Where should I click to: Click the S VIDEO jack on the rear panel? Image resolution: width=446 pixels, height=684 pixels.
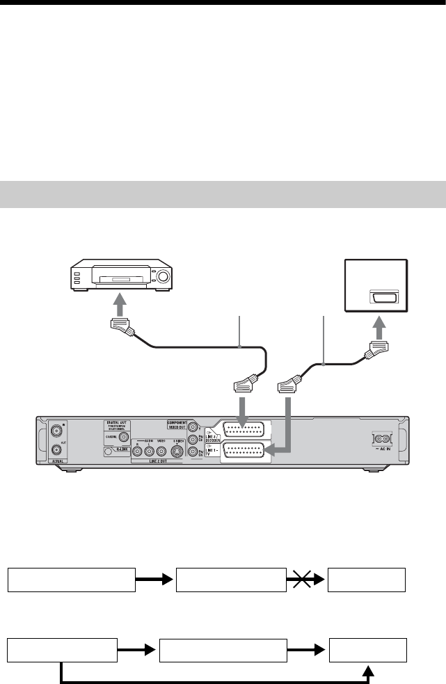pyautogui.click(x=177, y=451)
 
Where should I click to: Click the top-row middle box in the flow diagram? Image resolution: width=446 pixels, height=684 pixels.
pyautogui.click(x=231, y=579)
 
